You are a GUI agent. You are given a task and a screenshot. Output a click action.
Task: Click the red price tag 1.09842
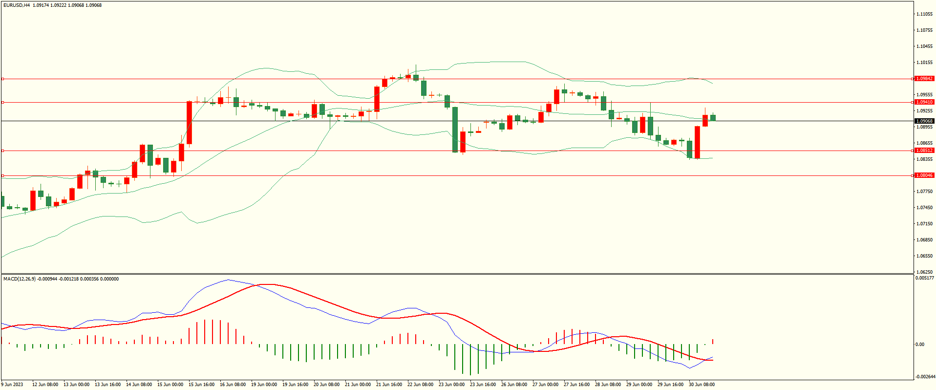click(x=924, y=79)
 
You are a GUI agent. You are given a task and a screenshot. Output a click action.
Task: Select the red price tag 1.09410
click(x=924, y=102)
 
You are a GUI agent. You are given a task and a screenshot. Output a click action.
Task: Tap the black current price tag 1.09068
click(x=924, y=121)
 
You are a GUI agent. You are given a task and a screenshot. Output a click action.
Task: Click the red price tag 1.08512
click(x=924, y=151)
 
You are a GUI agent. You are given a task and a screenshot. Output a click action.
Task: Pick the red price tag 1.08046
click(x=924, y=175)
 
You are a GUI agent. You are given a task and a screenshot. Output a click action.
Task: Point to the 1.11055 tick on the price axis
click(x=924, y=14)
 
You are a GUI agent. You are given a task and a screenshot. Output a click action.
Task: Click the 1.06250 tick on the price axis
click(x=924, y=272)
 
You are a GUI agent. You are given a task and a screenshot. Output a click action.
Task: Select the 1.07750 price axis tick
click(x=924, y=192)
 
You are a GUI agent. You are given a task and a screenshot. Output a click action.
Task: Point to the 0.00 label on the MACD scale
click(x=920, y=345)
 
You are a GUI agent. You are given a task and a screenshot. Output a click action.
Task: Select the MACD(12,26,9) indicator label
click(x=20, y=279)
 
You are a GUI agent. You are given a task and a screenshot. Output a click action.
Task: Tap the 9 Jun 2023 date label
click(x=12, y=385)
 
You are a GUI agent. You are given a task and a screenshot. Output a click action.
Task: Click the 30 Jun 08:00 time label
click(x=702, y=385)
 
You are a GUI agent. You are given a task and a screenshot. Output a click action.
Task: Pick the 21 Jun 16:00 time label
click(x=389, y=385)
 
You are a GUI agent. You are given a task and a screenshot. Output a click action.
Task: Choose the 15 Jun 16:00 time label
click(x=201, y=385)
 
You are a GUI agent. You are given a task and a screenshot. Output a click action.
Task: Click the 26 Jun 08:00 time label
click(x=514, y=385)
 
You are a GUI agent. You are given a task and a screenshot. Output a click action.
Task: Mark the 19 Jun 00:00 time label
click(x=264, y=385)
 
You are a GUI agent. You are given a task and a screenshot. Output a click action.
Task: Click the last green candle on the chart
click(x=713, y=117)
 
